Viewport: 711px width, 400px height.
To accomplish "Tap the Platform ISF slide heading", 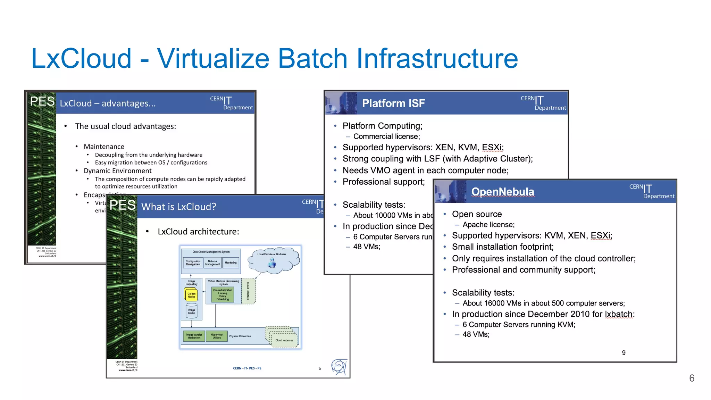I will tap(393, 103).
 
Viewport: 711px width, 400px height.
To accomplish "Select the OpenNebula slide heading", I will tap(502, 192).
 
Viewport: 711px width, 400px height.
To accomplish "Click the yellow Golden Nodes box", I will tap(191, 295).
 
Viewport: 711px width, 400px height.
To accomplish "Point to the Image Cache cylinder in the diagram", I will tap(192, 311).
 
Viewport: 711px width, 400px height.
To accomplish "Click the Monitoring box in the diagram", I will tap(231, 263).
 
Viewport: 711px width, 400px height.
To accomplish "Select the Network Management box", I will tap(212, 263).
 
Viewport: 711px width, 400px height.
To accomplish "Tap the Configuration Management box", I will tap(193, 263).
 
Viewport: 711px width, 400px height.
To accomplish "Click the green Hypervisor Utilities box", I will tap(217, 336).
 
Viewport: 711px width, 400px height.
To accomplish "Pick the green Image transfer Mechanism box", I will tap(194, 336).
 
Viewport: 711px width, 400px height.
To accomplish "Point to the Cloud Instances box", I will tap(284, 340).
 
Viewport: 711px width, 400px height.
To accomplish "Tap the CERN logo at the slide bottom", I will tap(338, 367).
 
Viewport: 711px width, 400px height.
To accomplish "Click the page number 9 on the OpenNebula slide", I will tap(624, 353).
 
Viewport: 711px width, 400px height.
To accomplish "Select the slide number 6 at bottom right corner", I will tap(692, 378).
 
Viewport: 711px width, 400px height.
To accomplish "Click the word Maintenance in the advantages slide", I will tap(104, 147).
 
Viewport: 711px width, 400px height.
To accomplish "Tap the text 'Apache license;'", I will tap(488, 225).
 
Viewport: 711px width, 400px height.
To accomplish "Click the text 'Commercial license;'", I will tap(386, 136).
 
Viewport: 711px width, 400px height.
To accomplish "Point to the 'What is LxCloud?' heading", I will tap(178, 207).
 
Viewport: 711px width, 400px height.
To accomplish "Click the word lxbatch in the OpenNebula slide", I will tap(619, 314).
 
